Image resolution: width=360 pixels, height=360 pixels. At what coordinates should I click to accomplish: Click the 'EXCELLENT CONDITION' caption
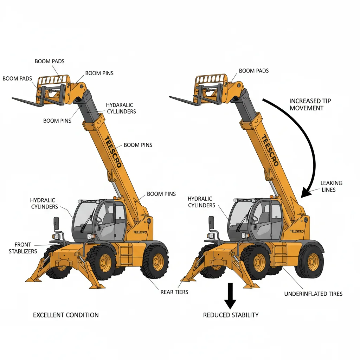[66, 315]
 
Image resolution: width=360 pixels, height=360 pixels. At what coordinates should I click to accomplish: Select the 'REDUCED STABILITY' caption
[231, 315]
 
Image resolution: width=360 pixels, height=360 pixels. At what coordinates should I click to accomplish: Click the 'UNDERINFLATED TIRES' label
[313, 294]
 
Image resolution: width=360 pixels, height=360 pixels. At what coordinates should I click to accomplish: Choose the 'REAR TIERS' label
[174, 292]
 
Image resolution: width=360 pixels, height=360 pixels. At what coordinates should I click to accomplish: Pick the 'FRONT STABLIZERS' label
[23, 248]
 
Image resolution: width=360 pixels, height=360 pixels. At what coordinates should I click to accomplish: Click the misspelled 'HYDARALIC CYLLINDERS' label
[121, 108]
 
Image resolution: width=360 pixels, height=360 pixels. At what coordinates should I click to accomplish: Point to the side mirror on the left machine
[56, 222]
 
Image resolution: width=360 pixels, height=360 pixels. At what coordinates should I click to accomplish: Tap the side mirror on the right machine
[211, 221]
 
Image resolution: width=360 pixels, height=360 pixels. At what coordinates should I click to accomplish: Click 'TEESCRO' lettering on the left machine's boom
[113, 151]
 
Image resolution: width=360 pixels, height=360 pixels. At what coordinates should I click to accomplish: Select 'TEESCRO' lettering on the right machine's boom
[270, 150]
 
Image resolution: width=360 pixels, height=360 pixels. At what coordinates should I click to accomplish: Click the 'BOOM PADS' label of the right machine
[253, 71]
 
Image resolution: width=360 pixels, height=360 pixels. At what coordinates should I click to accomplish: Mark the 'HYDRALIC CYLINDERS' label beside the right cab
[201, 202]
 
